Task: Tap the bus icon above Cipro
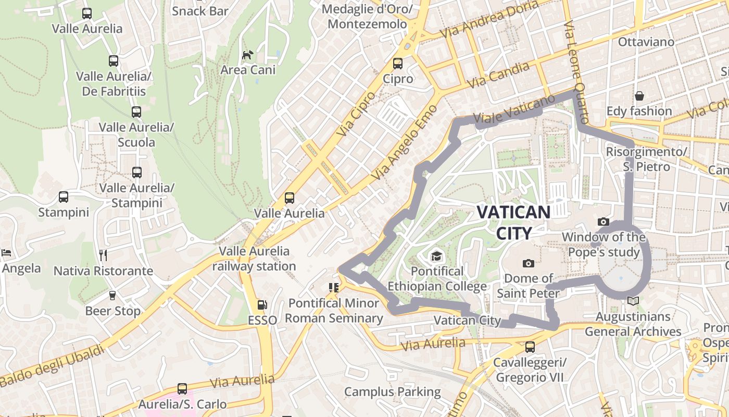[398, 64]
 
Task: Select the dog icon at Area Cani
[248, 55]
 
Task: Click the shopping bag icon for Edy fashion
[639, 96]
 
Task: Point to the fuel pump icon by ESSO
[262, 305]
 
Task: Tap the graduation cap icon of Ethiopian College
[436, 256]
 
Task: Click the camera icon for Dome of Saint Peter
[529, 263]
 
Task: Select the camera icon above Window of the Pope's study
[604, 222]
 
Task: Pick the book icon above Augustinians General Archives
[633, 301]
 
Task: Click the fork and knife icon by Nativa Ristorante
[103, 255]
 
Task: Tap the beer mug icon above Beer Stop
[112, 296]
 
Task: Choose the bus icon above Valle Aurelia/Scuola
[136, 112]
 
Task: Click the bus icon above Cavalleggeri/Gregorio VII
[530, 347]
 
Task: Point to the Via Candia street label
[498, 75]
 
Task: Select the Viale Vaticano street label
[514, 111]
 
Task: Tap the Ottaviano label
[646, 42]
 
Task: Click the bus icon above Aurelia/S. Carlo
[182, 388]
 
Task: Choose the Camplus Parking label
[393, 391]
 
